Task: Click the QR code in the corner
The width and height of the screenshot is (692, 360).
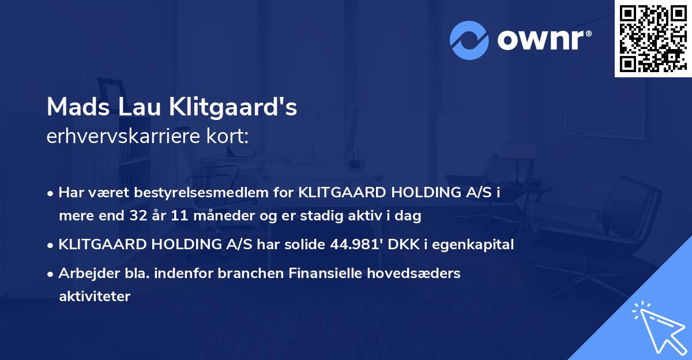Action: pyautogui.click(x=653, y=39)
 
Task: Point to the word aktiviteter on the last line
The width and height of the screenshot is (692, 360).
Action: pyautogui.click(x=95, y=297)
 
